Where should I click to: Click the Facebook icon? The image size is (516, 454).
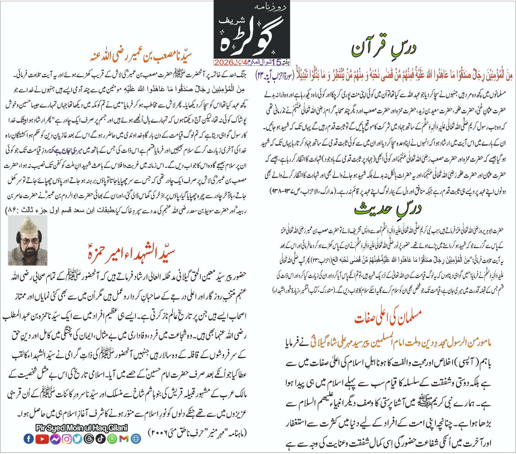tap(28, 439)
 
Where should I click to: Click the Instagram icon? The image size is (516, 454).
tap(67, 439)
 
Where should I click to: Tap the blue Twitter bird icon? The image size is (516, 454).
tap(77, 439)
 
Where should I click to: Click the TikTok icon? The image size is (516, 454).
tap(100, 439)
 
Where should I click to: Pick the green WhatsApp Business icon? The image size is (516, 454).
tap(112, 439)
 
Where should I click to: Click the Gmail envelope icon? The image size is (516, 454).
tap(124, 439)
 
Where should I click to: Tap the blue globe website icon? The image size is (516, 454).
tap(136, 439)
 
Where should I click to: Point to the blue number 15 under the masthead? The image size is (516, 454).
tap(276, 62)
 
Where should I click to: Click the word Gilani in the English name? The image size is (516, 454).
tap(117, 428)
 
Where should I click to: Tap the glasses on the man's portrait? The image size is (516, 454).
tap(28, 241)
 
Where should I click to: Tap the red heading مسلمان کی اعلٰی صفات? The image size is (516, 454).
tap(388, 317)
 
